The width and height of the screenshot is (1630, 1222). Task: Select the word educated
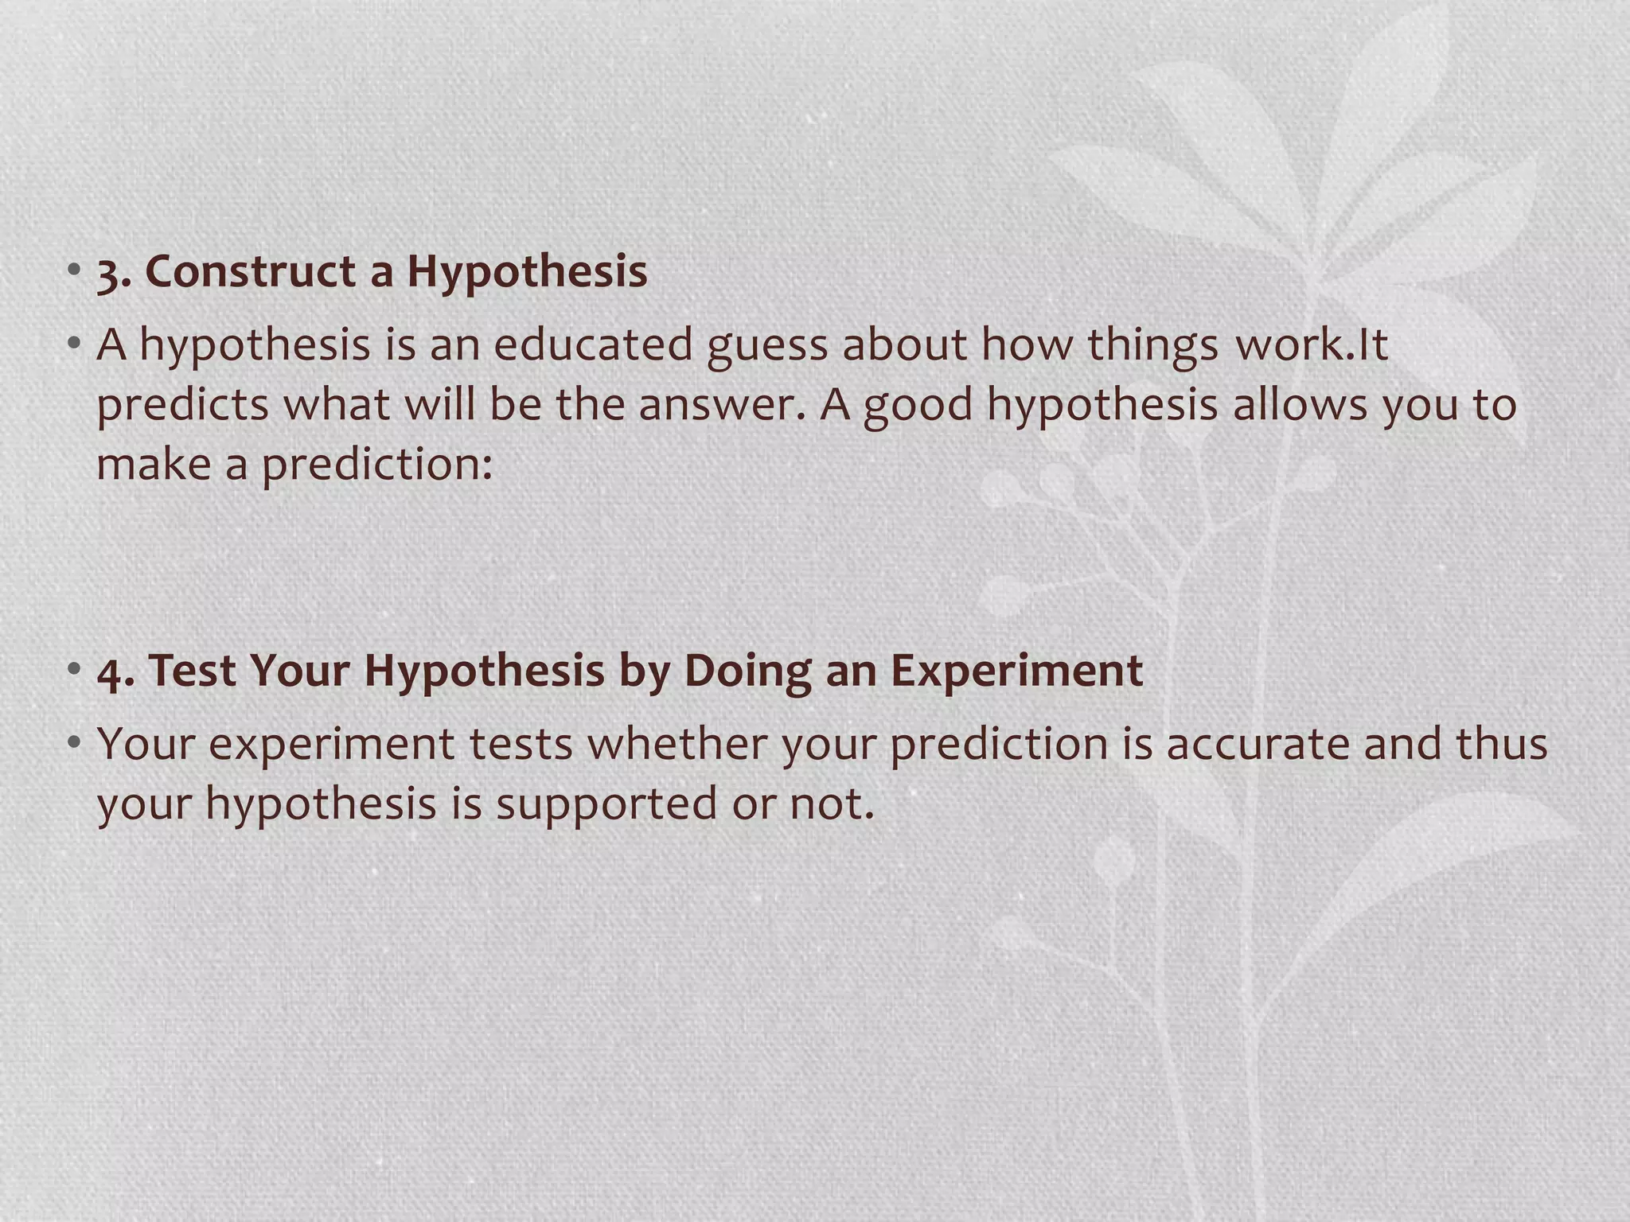592,345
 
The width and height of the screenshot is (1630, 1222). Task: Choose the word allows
1300,404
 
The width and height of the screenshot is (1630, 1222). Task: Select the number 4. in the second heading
115,671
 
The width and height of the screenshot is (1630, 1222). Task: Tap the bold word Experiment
1016,671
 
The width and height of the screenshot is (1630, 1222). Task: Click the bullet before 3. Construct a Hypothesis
74,270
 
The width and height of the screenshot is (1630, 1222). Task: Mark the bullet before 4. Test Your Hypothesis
74,669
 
